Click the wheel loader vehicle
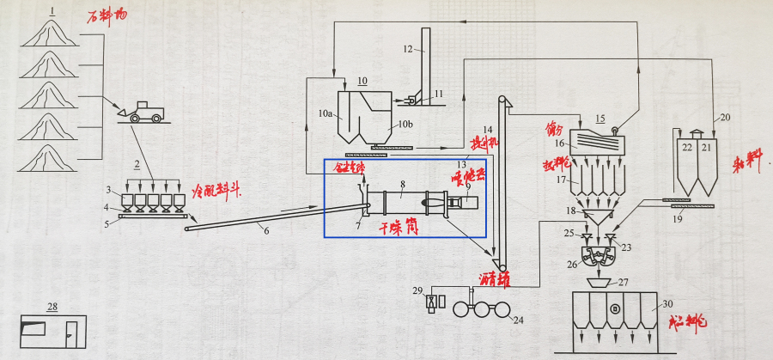pos(148,111)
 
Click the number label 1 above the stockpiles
pos(52,9)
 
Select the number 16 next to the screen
pos(559,142)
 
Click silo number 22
pos(687,148)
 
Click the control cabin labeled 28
pos(52,328)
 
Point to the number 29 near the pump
pos(418,291)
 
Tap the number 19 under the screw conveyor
pos(678,220)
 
